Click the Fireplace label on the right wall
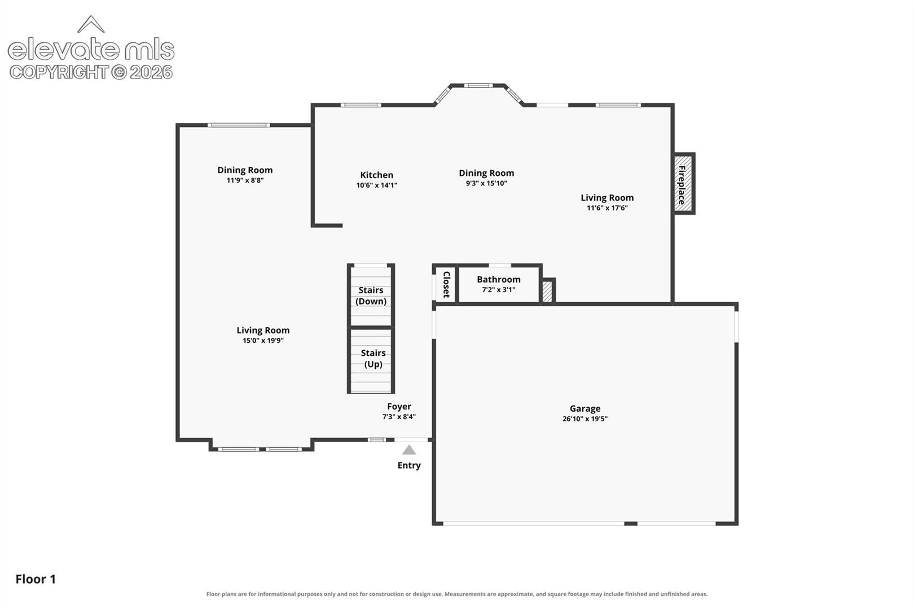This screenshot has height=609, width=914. (682, 185)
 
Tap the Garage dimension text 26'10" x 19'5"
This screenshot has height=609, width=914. (585, 418)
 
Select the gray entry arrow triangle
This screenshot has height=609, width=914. (409, 450)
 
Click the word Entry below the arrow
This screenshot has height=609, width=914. (409, 465)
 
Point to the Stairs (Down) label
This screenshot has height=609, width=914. (371, 295)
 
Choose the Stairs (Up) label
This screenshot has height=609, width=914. (373, 359)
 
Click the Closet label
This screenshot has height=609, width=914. (446, 284)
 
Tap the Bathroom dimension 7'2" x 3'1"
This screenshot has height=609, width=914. (499, 290)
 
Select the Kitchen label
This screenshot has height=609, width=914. (377, 175)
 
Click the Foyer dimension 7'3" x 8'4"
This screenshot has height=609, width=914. (399, 417)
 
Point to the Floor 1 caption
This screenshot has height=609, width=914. (36, 579)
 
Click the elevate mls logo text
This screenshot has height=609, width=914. (91, 49)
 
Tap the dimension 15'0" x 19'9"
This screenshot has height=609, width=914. (263, 341)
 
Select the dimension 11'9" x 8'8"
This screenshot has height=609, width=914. (245, 180)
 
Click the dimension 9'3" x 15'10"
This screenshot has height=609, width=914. (486, 183)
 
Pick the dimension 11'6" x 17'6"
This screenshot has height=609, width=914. (607, 208)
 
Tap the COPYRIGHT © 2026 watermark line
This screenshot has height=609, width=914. (91, 73)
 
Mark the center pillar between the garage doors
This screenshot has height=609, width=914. (631, 523)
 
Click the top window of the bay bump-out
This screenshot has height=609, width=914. (478, 86)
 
